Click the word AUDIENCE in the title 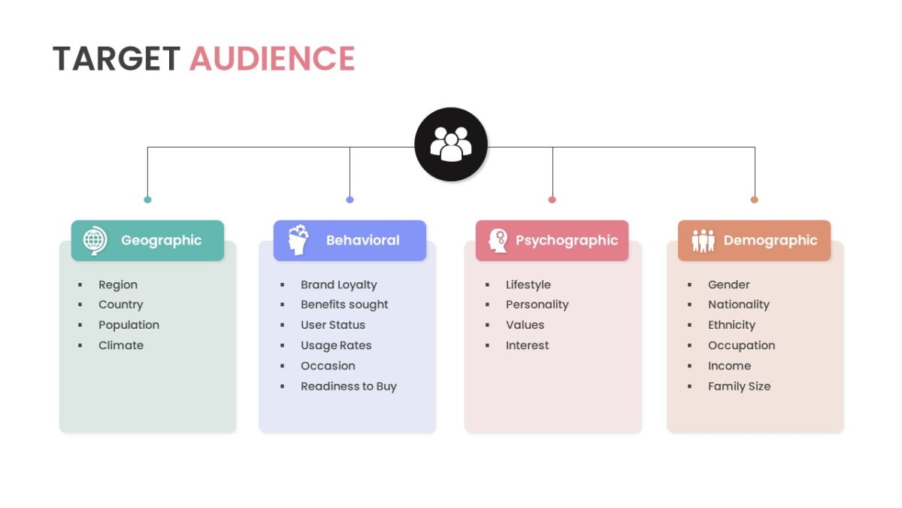tap(272, 59)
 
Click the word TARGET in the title tap(117, 59)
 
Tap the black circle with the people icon tap(451, 144)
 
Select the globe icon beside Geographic tap(95, 241)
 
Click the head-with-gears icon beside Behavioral tap(298, 240)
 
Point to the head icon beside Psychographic tap(498, 241)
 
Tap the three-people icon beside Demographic tap(703, 241)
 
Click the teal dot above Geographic tap(148, 199)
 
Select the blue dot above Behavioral tap(350, 199)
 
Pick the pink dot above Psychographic tap(552, 199)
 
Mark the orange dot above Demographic tap(755, 199)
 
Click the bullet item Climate tap(121, 345)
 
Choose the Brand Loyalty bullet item tap(339, 285)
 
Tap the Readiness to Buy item tap(349, 387)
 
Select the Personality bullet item tap(537, 305)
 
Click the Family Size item tap(740, 387)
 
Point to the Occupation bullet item tap(742, 346)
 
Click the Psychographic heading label tap(567, 241)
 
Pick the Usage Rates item tap(336, 346)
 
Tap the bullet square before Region tap(80, 285)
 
